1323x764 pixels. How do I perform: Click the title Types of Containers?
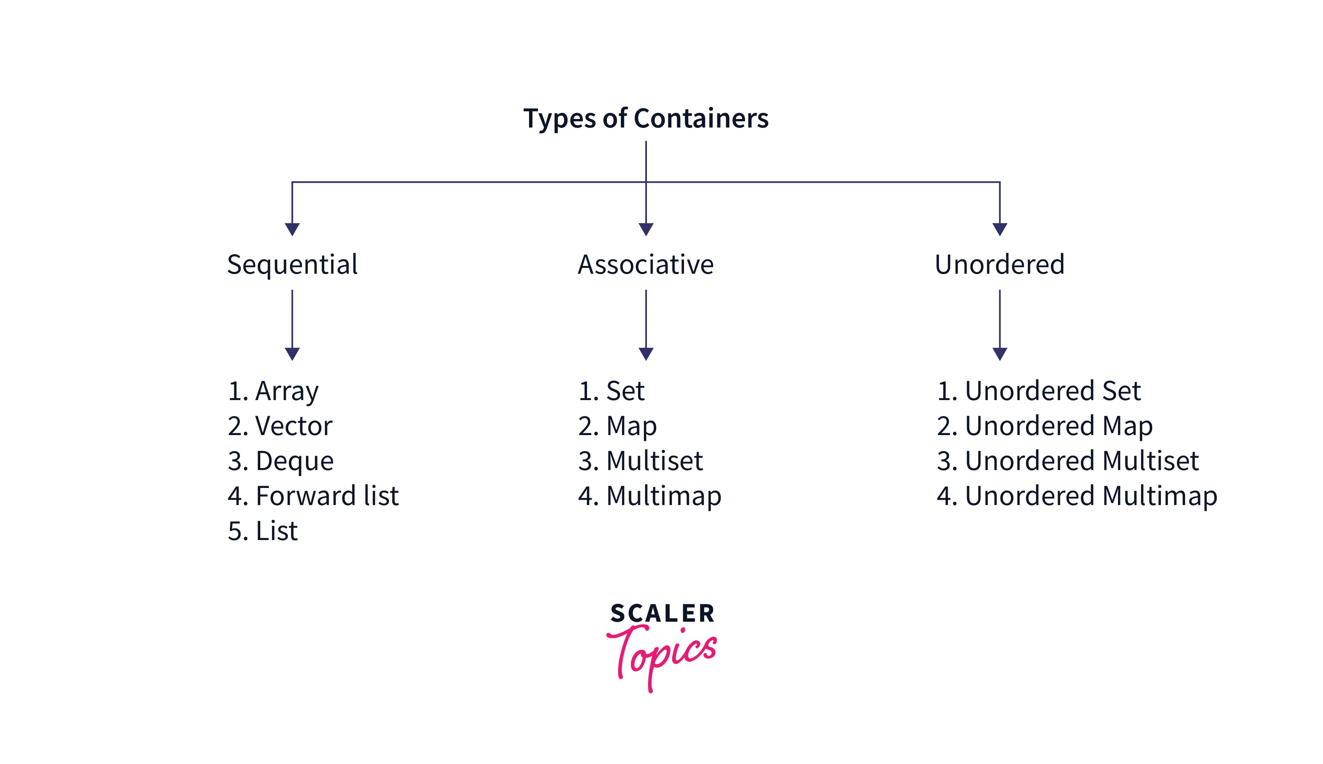[646, 119]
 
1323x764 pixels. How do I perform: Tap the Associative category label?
[646, 264]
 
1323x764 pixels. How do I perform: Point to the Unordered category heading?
[1000, 264]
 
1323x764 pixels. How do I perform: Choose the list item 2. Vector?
[280, 426]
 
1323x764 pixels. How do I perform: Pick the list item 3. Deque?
[280, 461]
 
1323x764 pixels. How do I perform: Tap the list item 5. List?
[263, 531]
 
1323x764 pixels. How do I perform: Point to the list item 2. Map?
[617, 426]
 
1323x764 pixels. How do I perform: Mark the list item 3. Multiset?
[641, 461]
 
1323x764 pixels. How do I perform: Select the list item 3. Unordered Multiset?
[1068, 461]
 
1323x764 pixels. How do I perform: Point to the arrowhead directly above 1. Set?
[646, 354]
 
